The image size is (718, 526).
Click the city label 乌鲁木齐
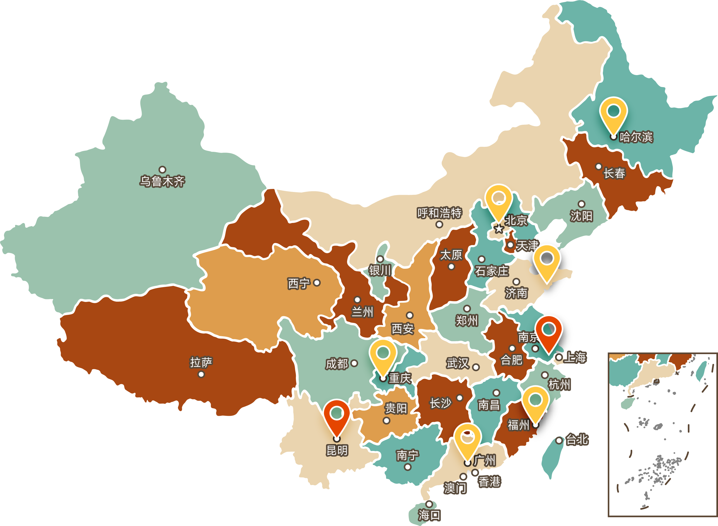pos(162,181)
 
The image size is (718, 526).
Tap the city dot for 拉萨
pos(201,374)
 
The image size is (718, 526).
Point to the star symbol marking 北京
pos(499,229)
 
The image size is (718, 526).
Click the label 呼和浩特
pos(439,213)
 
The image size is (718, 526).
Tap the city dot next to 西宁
pos(317,283)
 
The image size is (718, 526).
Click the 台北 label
pos(577,440)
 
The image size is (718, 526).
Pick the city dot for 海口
pos(429,504)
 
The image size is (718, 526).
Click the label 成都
pos(337,364)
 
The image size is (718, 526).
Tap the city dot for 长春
pos(598,167)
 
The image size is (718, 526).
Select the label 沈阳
pos(581,216)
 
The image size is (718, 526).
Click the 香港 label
pos(489,482)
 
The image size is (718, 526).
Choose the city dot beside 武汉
pos(476,368)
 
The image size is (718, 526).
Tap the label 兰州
pos(362,312)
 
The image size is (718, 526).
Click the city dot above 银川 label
pos(380,259)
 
